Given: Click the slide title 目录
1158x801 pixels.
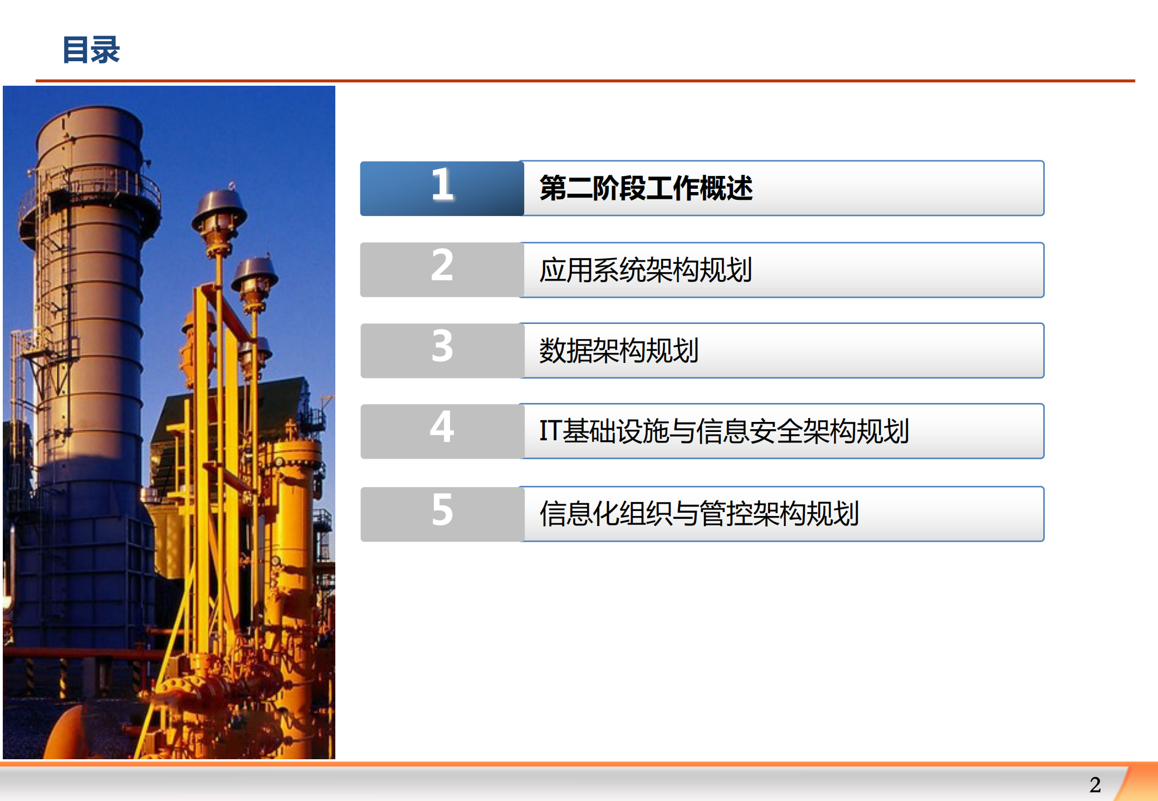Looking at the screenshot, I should coord(91,50).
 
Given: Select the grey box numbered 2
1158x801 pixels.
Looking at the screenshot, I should coord(442,269).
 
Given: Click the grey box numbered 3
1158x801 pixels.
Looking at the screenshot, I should coord(442,350).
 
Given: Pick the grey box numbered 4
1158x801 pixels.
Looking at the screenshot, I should coord(442,430).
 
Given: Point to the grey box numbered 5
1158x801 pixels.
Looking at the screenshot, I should coord(442,513).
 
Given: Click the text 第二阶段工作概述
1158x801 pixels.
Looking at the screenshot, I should coord(646,188).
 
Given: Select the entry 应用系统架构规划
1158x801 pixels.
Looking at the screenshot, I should coord(646,270).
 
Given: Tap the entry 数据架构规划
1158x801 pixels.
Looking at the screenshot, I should coord(618,351).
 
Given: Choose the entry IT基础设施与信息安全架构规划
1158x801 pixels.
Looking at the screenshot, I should coord(724,431).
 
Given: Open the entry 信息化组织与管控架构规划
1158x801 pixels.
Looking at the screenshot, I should coord(698,514).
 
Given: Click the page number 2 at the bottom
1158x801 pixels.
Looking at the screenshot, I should coord(1095,785).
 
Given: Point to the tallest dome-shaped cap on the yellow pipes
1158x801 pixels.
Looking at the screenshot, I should coord(219,209).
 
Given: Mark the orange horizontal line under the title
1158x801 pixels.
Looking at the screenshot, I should coord(585,81).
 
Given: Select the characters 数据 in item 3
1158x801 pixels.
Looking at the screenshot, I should coord(565,351).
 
